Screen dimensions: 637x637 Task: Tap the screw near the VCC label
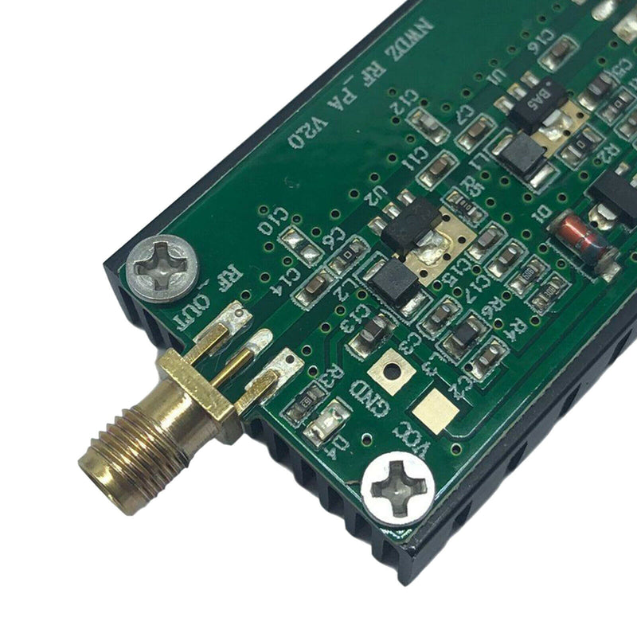pos(397,487)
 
